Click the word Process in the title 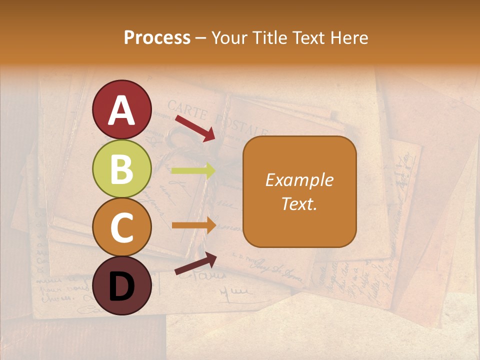point(157,38)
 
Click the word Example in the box point(299,180)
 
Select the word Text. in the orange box point(299,204)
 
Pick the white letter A point(122,110)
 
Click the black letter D point(122,286)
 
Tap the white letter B point(122,169)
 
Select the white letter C point(122,228)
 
